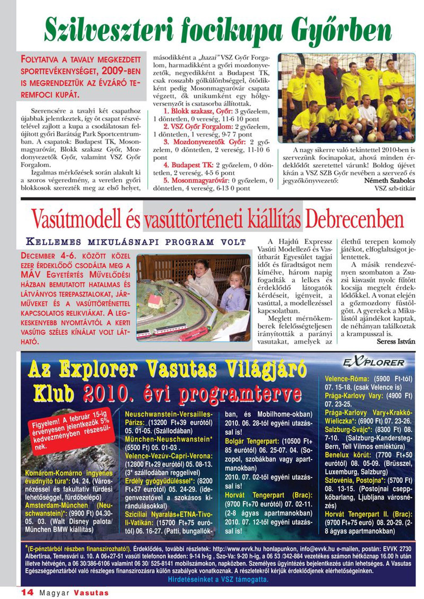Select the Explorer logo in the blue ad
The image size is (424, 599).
tap(374, 363)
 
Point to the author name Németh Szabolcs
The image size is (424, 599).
tap(389, 180)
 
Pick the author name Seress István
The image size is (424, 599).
tap(396, 341)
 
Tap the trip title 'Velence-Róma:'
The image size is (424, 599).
tap(347, 379)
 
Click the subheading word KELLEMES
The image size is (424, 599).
tap(53, 242)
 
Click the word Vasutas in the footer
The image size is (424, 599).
tap(91, 592)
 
